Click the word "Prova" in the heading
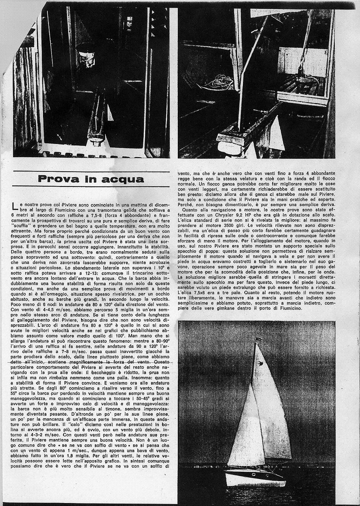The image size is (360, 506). [x=58, y=179]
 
